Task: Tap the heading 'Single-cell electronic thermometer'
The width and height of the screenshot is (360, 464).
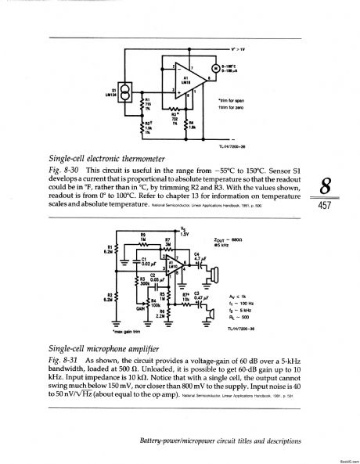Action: pyautogui.click(x=95, y=157)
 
